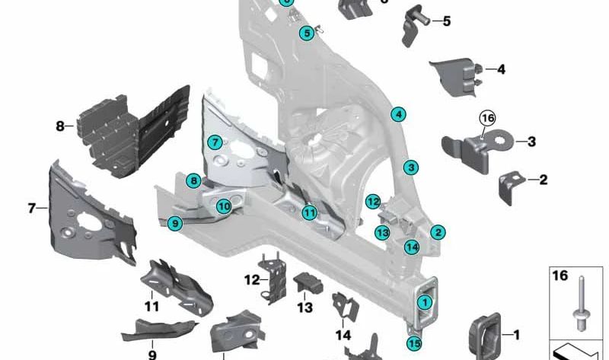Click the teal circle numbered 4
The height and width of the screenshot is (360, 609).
397,115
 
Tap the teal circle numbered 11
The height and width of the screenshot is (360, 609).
308,213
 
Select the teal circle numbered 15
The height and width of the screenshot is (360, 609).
414,343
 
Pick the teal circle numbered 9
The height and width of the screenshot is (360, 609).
175,223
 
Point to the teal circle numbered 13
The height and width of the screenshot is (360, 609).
382,232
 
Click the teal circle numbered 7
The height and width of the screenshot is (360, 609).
216,142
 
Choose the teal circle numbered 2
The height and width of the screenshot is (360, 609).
438,232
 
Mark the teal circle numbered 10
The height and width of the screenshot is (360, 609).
223,205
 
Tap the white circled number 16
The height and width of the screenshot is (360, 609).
487,118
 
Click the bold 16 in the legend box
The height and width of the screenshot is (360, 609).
560,276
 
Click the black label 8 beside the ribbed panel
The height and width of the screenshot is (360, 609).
60,126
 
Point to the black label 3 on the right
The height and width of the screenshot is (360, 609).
531,142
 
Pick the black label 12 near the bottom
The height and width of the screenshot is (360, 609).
252,280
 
